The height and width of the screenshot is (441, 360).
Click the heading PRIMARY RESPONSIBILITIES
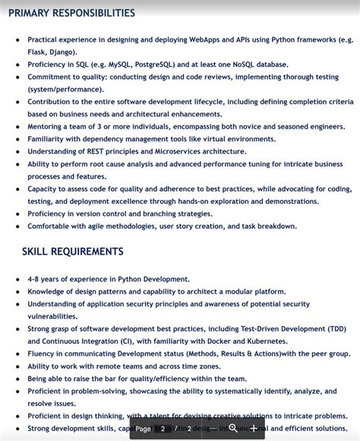point(72,13)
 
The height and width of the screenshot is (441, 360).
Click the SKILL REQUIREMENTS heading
point(72,252)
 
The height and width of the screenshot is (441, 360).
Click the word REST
point(100,151)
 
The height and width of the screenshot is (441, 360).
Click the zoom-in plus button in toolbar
point(253,428)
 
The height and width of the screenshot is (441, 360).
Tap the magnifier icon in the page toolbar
point(233,428)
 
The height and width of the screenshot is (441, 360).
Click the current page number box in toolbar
point(163,429)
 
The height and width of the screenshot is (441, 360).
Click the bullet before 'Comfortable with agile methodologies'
point(17,226)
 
